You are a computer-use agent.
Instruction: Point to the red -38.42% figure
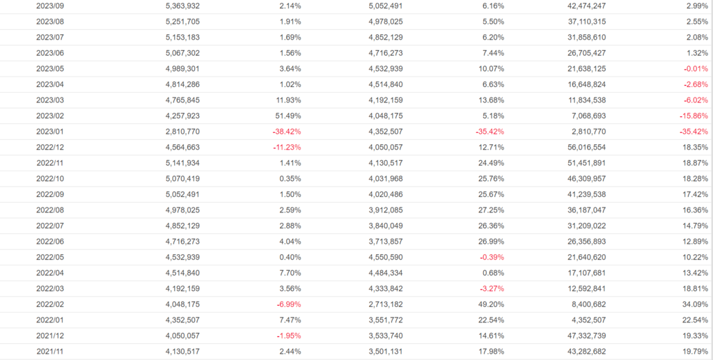(287, 131)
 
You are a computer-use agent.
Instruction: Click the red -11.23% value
(287, 147)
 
